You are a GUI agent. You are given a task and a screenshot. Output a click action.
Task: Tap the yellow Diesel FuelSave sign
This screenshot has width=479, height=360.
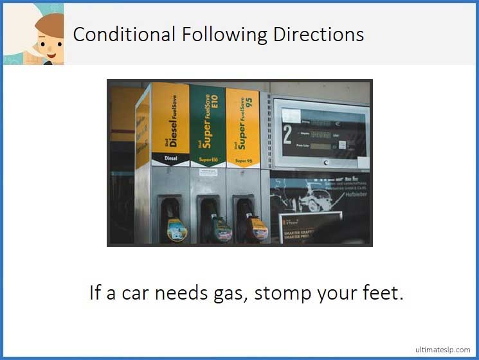coord(171,118)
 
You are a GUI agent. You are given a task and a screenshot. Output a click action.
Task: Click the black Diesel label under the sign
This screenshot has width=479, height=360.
coord(171,157)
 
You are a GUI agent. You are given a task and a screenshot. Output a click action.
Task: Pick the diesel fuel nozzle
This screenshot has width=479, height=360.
coord(174,221)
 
